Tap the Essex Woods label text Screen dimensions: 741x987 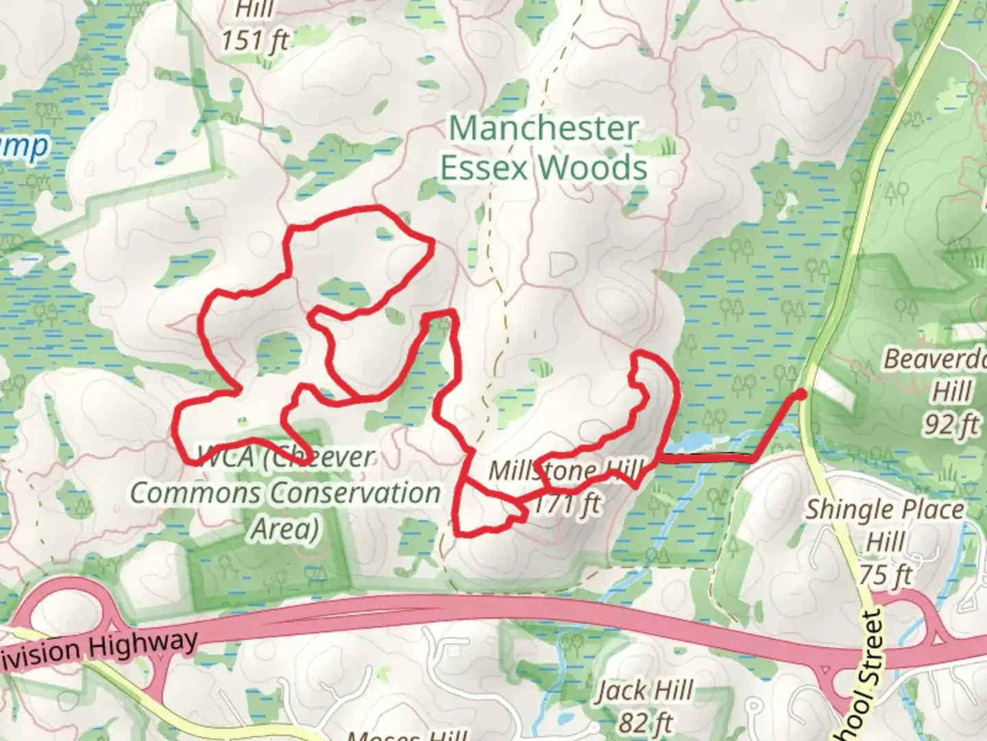coord(544,168)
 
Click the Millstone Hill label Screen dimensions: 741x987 coord(566,471)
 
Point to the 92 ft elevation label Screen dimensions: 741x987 coord(950,425)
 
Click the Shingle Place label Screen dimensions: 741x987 coord(884,510)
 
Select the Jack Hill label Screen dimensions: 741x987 coord(644,690)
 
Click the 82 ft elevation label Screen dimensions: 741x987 coord(645,722)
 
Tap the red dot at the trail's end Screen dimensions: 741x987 coord(800,393)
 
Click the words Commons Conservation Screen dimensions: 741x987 coord(285,493)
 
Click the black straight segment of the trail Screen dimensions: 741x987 coord(706,458)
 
